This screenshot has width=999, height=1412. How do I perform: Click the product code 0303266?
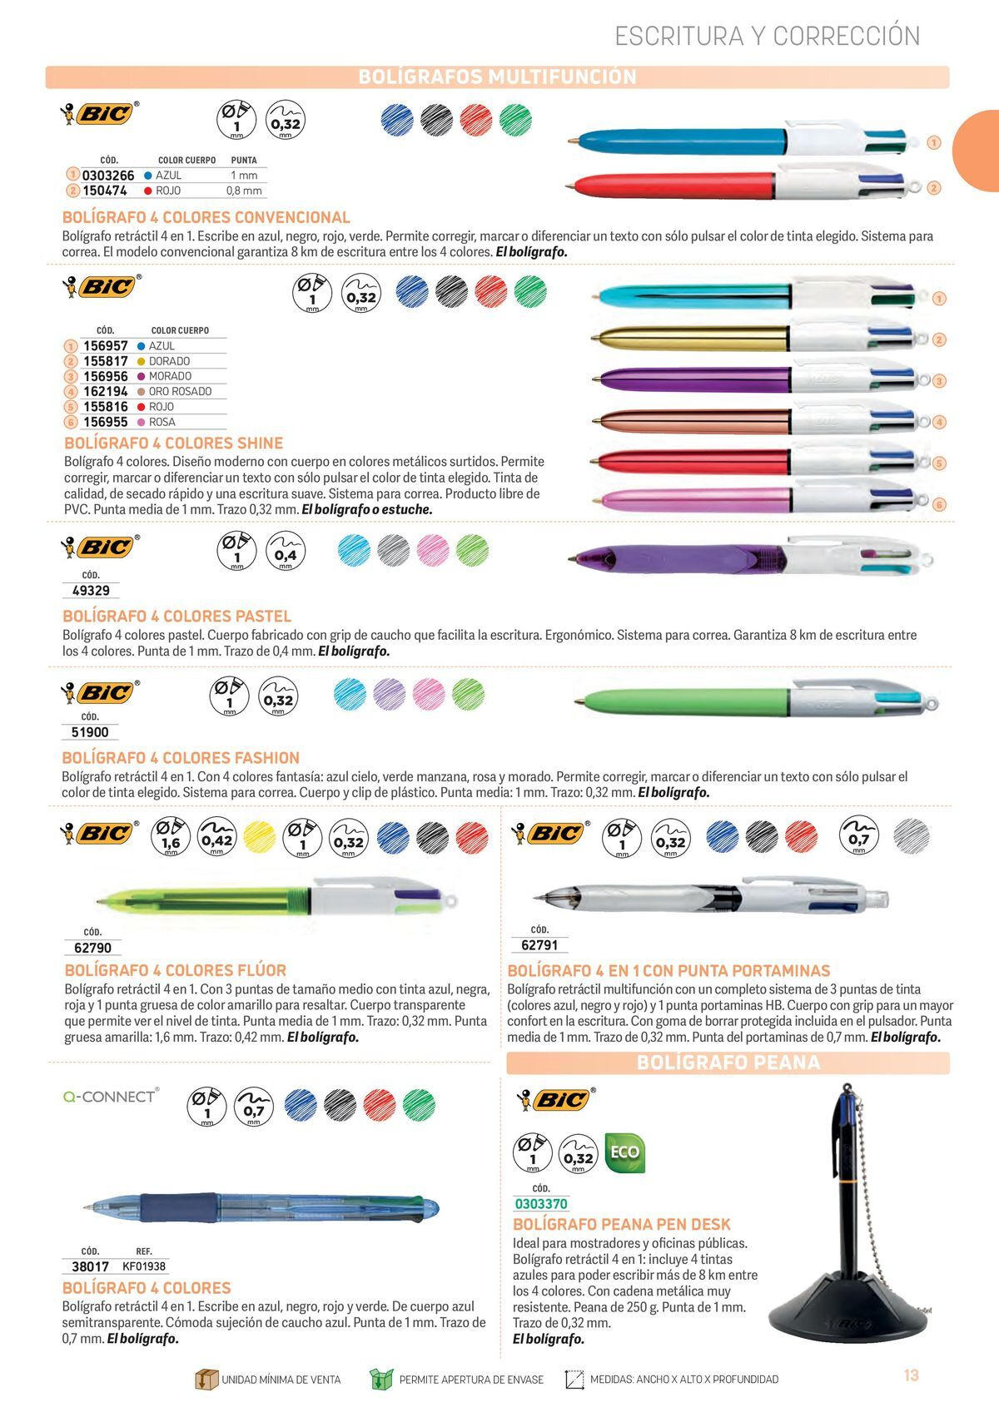(108, 176)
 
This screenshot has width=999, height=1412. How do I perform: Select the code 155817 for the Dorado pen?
(105, 361)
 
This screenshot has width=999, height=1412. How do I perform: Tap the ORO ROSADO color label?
(180, 391)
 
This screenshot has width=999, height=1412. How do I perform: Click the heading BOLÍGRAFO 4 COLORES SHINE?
(174, 443)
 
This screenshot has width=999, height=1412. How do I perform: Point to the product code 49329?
(91, 591)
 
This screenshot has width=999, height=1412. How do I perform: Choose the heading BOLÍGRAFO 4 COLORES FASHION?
(181, 758)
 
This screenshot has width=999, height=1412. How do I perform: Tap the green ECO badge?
(624, 1152)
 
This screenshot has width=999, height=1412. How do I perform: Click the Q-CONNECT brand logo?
(110, 1097)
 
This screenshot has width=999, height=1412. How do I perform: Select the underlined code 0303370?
(541, 1204)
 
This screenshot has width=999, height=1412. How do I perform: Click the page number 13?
(911, 1375)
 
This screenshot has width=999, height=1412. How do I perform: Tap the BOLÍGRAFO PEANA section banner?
(728, 1063)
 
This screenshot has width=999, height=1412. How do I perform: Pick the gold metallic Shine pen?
(691, 338)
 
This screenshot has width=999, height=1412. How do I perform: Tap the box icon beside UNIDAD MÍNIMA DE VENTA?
(205, 1379)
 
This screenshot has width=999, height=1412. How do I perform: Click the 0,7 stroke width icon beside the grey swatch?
(859, 835)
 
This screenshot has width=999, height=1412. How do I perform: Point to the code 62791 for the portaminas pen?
(539, 945)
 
